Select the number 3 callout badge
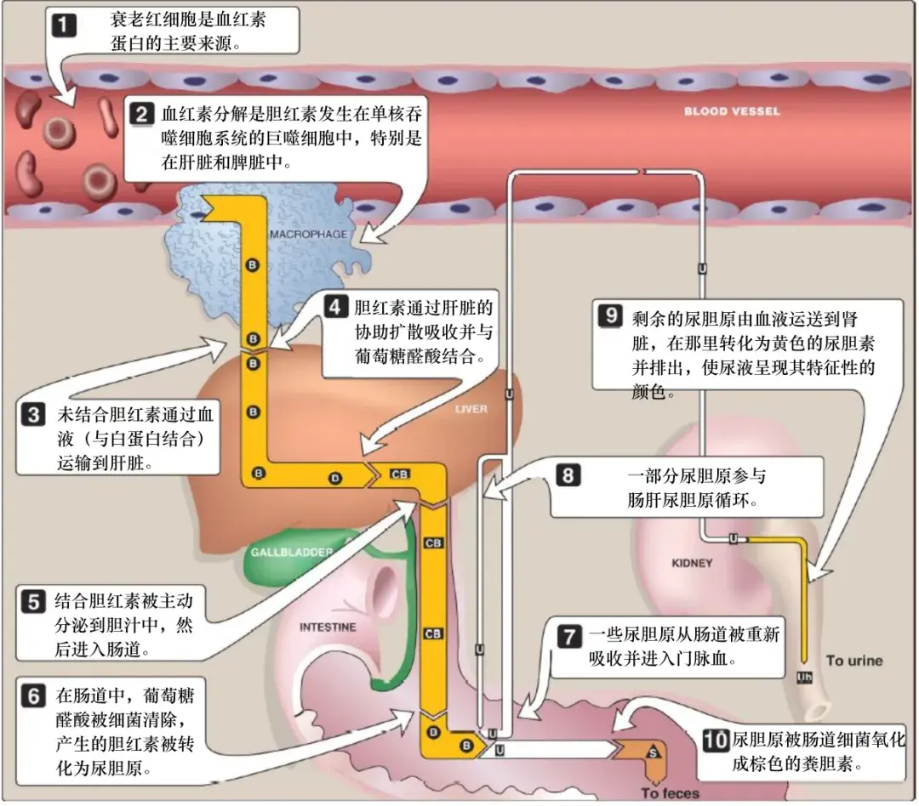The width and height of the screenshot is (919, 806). [32, 416]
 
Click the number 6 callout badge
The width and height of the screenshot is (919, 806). [32, 695]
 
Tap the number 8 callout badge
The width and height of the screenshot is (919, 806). [568, 475]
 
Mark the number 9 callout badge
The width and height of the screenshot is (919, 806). [611, 315]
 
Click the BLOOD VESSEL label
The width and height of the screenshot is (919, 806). [732, 111]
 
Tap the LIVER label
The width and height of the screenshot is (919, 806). [471, 409]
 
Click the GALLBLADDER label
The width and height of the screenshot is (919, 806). [291, 553]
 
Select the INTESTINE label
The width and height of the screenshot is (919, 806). [328, 627]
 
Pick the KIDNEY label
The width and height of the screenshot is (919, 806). [692, 563]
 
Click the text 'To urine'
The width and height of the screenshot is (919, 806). [854, 661]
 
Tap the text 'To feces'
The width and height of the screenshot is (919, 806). [671, 793]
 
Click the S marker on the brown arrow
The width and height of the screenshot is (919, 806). [654, 753]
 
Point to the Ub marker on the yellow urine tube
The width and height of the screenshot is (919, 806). [803, 677]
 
